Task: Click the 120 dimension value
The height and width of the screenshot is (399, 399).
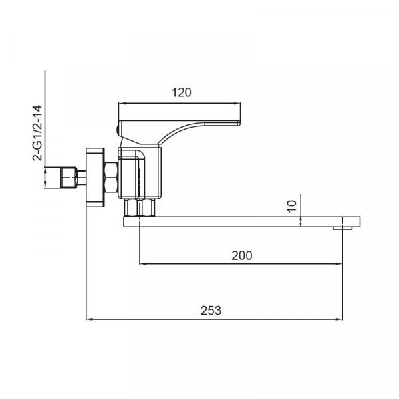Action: coord(181,92)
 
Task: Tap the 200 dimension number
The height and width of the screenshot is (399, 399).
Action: coord(242,255)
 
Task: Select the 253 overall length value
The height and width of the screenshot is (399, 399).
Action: coord(211,311)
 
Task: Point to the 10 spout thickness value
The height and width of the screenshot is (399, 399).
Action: coord(292,206)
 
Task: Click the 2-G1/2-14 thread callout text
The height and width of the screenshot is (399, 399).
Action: coord(37,132)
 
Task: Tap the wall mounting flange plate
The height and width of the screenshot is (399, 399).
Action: coord(95,178)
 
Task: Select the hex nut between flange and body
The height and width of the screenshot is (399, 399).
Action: coord(111,178)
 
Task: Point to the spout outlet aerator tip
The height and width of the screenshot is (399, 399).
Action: coord(342,228)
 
